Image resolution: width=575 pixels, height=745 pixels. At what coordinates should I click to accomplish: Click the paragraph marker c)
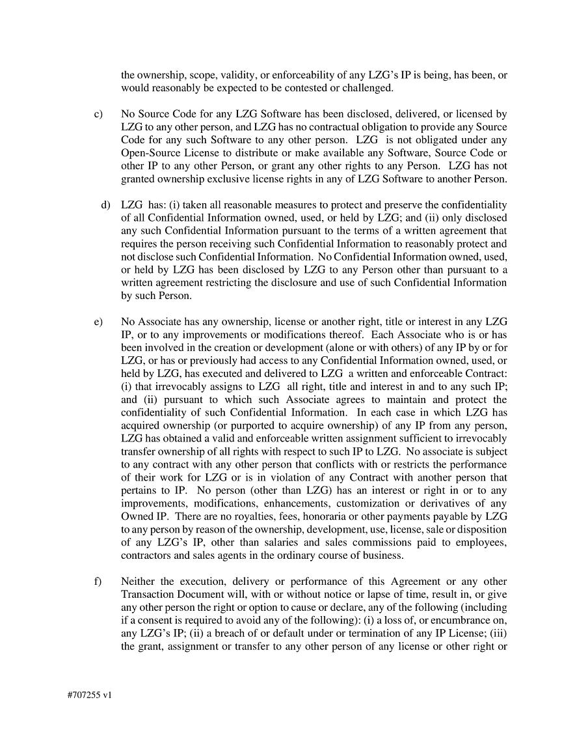coord(98,114)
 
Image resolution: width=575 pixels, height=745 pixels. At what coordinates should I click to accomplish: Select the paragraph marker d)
coord(106,205)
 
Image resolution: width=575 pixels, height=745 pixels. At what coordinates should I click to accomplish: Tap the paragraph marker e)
coord(98,322)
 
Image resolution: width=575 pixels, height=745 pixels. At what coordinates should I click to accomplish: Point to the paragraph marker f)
coord(98,582)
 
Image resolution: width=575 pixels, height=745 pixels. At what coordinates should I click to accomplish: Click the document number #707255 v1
coord(89,695)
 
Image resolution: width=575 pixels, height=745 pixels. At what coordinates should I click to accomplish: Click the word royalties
coord(243,516)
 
